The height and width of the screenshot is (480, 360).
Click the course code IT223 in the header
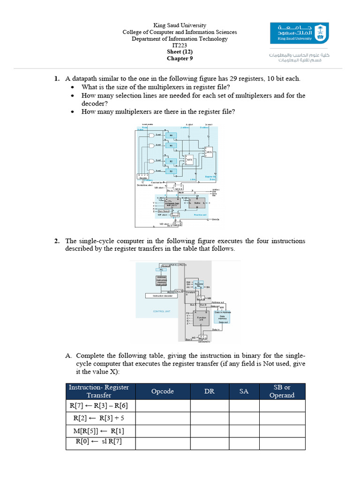click(180, 45)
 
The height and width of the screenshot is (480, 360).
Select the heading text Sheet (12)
click(180, 52)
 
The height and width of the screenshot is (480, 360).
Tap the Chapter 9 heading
click(180, 59)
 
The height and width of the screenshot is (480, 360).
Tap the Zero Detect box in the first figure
click(164, 211)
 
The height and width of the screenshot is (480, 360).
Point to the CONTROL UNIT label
click(162, 311)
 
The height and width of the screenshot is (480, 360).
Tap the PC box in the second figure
click(162, 270)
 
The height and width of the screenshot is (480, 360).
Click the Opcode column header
click(163, 391)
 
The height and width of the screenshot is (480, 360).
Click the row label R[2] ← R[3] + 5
click(99, 418)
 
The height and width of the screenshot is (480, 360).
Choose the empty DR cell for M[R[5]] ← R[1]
click(209, 430)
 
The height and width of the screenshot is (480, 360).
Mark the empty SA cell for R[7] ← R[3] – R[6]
click(244, 405)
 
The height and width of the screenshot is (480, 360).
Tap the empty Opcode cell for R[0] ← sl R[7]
click(163, 443)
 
